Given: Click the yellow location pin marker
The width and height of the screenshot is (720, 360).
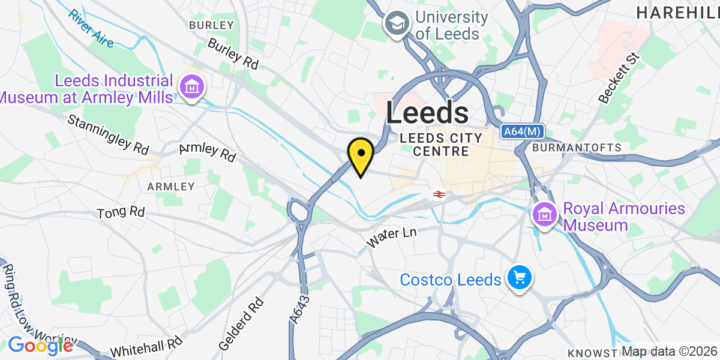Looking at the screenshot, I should coord(361,155).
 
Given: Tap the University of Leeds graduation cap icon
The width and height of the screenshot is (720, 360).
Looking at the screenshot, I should coord(397,25).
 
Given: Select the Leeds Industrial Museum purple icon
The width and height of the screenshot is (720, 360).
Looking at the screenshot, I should coord(192,88).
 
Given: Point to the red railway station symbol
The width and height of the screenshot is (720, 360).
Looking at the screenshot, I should coord(438,194).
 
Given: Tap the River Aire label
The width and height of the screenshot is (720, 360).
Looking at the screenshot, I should coord(91,28).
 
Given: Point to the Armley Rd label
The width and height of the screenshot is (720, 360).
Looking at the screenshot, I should coord(208,152).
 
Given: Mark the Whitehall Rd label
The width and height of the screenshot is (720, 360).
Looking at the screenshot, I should coord(146,347).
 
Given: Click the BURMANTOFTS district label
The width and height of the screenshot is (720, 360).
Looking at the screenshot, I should coord(577,147).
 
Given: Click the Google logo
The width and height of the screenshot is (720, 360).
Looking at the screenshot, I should coord(40,346).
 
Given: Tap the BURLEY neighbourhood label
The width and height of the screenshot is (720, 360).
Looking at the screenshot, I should coord(211,25).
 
